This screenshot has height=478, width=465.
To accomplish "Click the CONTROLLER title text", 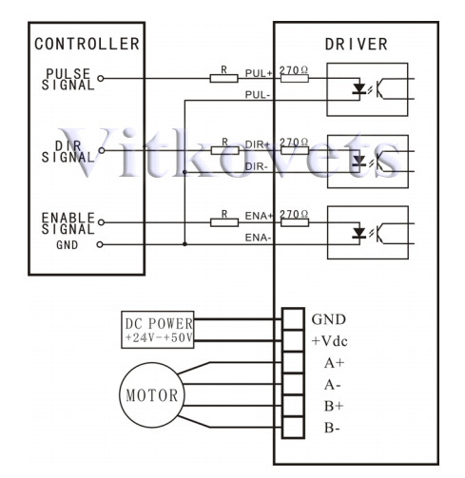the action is click(x=87, y=44).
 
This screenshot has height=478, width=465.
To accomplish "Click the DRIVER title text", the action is click(x=357, y=44).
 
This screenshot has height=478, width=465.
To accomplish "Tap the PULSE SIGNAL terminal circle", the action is click(x=101, y=78).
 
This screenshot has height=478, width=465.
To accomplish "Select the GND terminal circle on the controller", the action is click(x=100, y=244).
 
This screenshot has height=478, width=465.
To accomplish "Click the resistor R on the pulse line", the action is click(x=223, y=78).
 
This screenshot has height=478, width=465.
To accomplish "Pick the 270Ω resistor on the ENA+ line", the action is click(x=295, y=222).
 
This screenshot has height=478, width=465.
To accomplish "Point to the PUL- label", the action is click(x=258, y=95).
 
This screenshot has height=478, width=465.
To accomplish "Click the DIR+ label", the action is click(x=258, y=144).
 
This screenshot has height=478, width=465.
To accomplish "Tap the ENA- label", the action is click(x=258, y=238).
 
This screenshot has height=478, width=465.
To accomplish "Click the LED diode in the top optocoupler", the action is click(x=359, y=88).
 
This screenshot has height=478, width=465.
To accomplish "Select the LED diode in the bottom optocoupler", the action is click(x=359, y=233).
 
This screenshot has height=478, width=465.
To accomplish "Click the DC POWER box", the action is click(x=158, y=330).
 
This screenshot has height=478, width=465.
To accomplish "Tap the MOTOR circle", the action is click(x=152, y=395).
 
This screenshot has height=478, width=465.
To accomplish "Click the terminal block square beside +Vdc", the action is click(x=293, y=341).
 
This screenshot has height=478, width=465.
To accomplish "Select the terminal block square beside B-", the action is click(x=293, y=428).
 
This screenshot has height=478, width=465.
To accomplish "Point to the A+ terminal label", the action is click(x=334, y=363).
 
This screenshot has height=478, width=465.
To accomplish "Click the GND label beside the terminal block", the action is click(x=329, y=319).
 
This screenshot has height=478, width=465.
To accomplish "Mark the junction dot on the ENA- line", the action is click(x=184, y=244).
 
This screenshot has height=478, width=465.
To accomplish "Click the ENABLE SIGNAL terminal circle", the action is click(x=101, y=222).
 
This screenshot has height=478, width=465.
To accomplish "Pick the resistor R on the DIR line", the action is click(x=224, y=150).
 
